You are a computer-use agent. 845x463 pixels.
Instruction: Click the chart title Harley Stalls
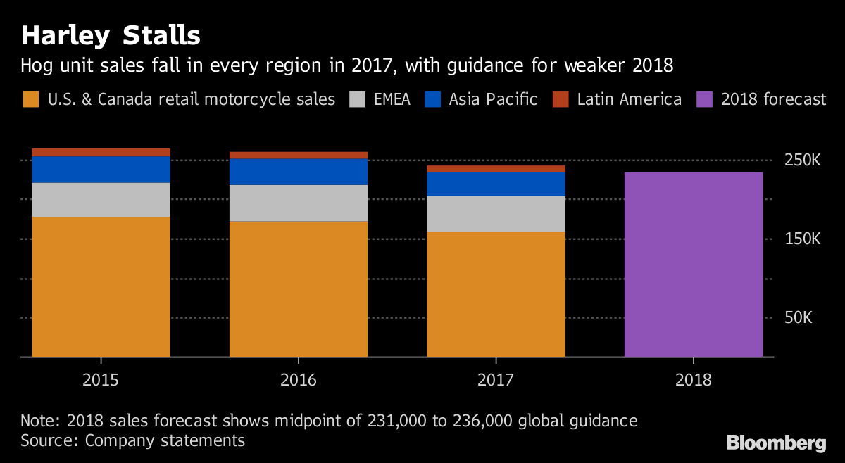111,36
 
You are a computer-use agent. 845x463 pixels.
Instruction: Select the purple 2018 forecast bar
693,265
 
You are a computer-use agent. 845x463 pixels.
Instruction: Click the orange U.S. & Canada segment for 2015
101,286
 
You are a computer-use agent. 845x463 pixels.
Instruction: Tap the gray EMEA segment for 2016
299,203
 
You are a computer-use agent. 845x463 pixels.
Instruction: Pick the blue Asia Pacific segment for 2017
496,184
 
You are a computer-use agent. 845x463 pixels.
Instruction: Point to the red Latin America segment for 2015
101,152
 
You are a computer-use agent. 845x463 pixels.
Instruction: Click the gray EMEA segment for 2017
496,214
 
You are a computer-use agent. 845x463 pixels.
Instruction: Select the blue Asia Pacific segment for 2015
101,170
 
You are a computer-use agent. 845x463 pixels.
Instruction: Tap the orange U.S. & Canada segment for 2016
299,289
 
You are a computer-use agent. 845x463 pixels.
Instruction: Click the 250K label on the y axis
803,160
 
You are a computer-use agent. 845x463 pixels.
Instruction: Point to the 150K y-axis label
803,239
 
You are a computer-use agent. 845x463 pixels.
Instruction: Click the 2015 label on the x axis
101,381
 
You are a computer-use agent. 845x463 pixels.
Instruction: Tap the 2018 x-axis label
693,381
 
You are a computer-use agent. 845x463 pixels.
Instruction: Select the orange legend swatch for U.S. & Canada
31,99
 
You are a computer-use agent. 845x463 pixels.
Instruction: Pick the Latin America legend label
629,99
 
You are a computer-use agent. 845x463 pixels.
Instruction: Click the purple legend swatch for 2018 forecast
705,99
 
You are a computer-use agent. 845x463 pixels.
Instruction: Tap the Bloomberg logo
776,443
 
